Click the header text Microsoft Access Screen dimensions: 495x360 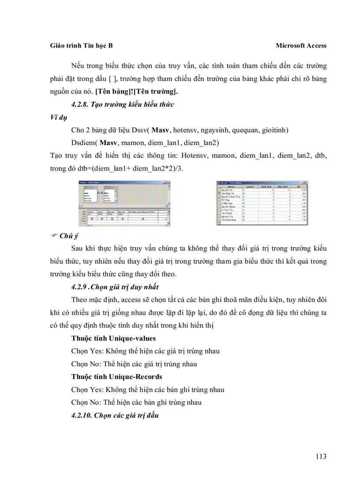[301, 45]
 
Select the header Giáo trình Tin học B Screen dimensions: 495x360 [82, 45]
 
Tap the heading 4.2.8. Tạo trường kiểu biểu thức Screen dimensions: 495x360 [123, 104]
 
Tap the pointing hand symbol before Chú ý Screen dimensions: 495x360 [54, 236]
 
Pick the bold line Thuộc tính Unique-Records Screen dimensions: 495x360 [116, 377]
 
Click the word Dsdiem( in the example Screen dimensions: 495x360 [84, 143]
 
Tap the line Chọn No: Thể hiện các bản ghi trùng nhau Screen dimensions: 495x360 [136, 402]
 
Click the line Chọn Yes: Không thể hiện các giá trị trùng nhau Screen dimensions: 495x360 [145, 351]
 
